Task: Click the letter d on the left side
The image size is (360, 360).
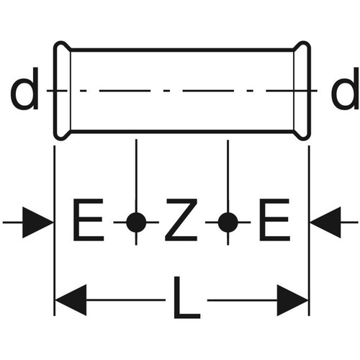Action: tap(24, 89)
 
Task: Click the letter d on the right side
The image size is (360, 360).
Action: tap(345, 89)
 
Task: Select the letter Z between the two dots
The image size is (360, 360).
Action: tap(181, 220)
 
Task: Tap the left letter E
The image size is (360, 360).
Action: tap(88, 220)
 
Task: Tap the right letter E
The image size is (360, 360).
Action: tap(274, 220)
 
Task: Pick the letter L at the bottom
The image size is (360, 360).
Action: tap(186, 297)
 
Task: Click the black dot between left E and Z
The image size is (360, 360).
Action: tap(136, 222)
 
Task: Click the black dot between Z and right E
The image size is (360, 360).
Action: tap(228, 222)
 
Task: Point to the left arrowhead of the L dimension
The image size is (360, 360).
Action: tap(71, 300)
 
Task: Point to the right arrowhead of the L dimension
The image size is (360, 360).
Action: tap(292, 300)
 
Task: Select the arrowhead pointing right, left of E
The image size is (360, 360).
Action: tap(37, 222)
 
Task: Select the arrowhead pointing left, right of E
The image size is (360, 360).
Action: tap(325, 222)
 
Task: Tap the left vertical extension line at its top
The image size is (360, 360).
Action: tap(55, 145)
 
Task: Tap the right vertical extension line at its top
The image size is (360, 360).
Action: tap(309, 145)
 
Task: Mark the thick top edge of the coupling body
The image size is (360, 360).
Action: tap(182, 50)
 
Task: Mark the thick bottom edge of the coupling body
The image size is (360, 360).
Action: tap(182, 131)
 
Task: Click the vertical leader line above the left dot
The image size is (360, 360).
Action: tap(136, 176)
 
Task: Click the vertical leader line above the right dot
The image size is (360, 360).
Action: tap(228, 176)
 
